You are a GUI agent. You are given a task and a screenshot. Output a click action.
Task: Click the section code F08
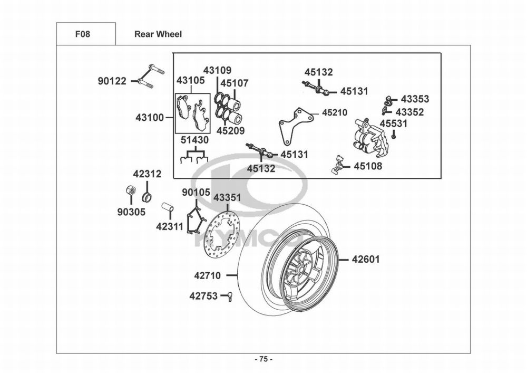pos(82,34)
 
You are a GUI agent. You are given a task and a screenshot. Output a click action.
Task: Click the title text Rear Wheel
pos(158,34)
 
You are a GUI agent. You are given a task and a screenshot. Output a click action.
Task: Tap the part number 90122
pos(112,81)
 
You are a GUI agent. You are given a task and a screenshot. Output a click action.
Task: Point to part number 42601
pos(366,260)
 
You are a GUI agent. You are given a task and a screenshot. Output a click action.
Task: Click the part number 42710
pos(208,275)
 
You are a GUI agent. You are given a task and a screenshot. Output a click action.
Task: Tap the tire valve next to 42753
pos(229,297)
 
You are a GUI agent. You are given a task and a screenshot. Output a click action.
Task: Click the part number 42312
pos(147,174)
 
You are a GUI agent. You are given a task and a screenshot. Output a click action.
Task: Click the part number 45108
pos(368,166)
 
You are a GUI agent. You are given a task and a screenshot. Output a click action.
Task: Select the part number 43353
pos(415,99)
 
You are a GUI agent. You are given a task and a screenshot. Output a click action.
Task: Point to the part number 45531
pos(394,123)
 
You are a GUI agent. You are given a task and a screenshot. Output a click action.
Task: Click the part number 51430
pos(194,140)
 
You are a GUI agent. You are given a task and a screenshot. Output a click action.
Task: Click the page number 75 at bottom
pos(263,359)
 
